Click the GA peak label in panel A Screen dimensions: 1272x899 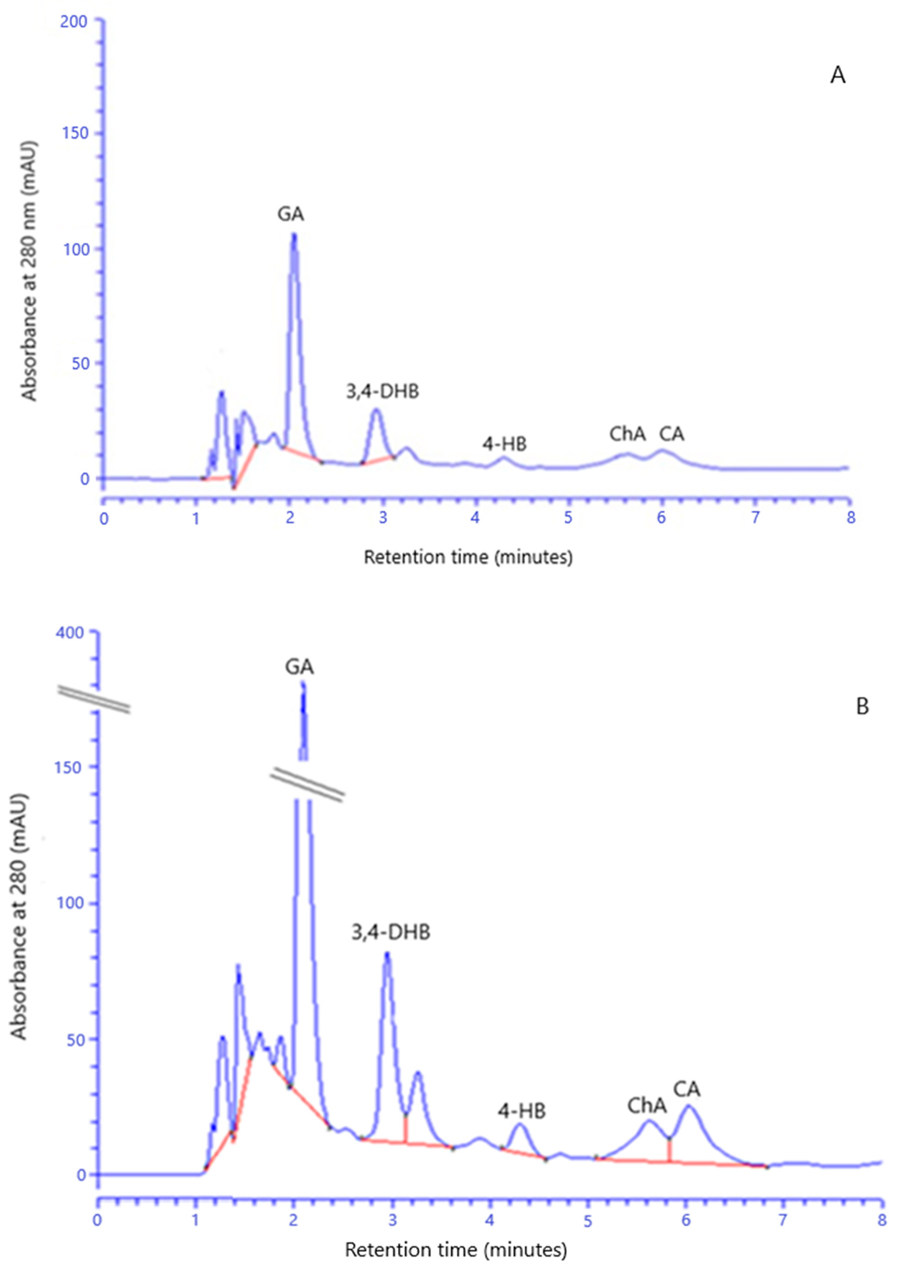pyautogui.click(x=291, y=214)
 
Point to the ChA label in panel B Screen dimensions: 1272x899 pyautogui.click(x=646, y=1106)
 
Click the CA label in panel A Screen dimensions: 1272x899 pyautogui.click(x=671, y=434)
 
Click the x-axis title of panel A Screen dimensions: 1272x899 pyautogui.click(x=468, y=557)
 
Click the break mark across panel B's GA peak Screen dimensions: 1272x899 pyautogui.click(x=307, y=785)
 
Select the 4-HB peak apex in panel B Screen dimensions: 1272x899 pyautogui.click(x=519, y=1123)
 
